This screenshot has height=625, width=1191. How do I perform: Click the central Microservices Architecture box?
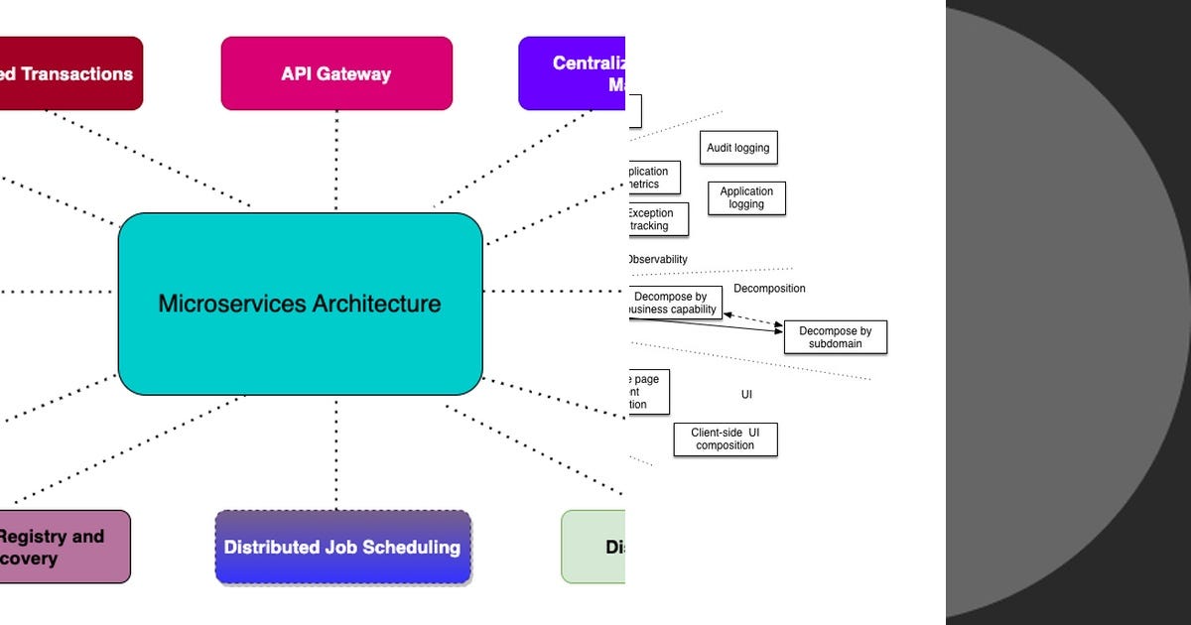[300, 304]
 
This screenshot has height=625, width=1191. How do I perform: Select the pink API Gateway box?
[336, 73]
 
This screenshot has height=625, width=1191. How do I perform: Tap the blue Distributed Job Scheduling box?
[342, 547]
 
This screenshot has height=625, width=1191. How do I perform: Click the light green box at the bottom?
[594, 547]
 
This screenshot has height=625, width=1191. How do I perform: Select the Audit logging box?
[737, 148]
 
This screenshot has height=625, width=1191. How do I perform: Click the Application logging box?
[746, 198]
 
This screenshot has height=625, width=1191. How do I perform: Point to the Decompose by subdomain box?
[835, 337]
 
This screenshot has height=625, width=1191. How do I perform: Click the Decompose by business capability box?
[674, 303]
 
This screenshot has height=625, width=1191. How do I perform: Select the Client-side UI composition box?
[725, 439]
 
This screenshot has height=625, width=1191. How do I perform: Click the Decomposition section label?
[769, 289]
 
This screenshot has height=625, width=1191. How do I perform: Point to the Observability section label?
[657, 260]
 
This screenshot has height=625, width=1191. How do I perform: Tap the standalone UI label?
[746, 395]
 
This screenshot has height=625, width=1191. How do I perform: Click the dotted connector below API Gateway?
[336, 159]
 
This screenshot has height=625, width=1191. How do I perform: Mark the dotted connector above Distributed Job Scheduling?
[336, 452]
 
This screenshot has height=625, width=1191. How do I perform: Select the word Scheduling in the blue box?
[414, 547]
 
